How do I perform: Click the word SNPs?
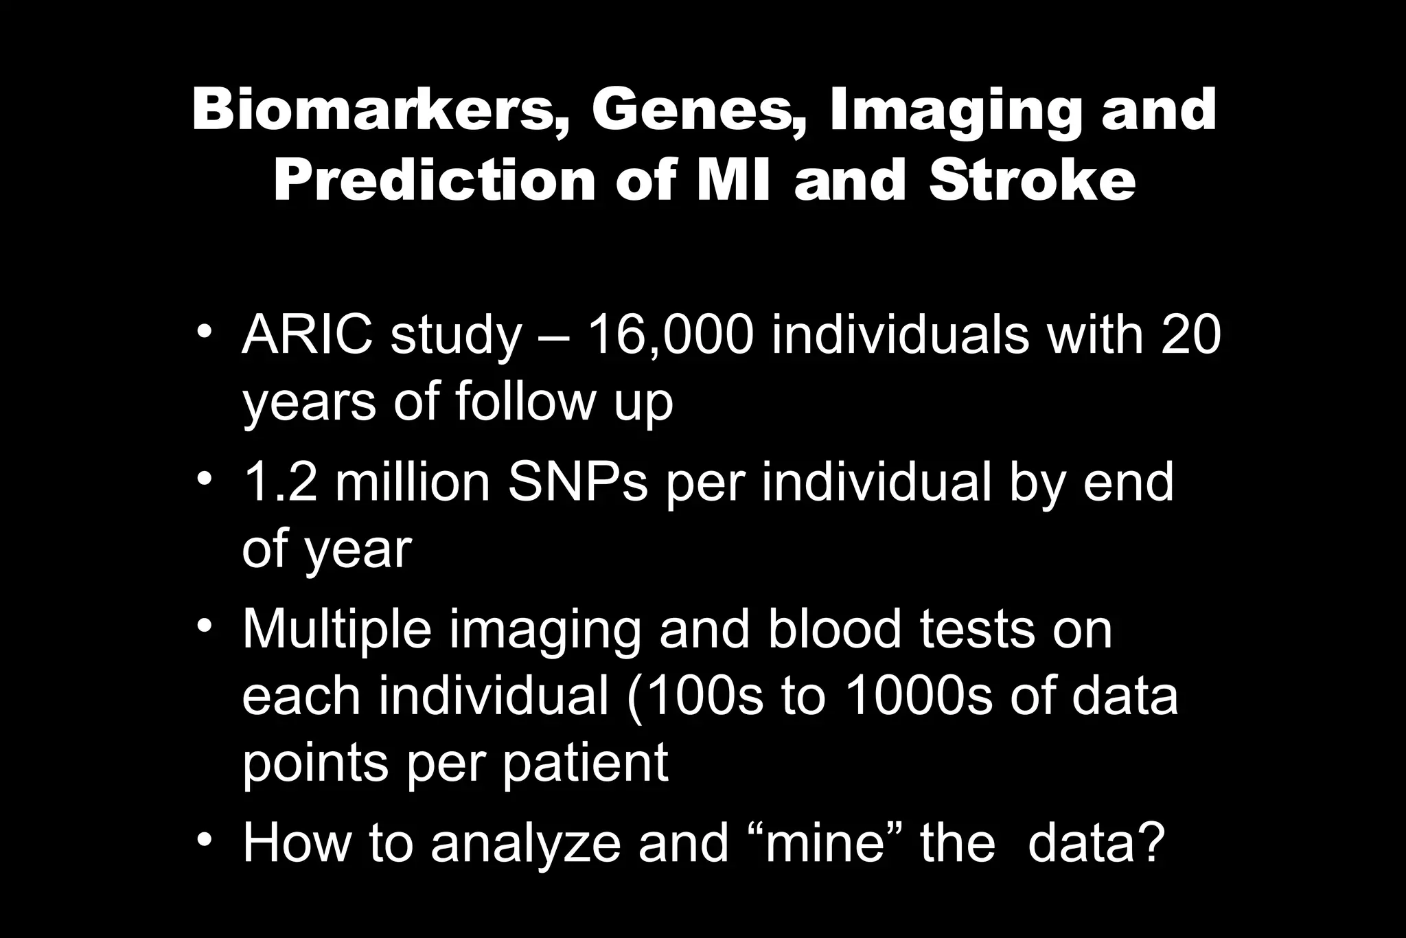[577, 482]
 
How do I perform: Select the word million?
[412, 482]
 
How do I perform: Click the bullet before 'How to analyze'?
[203, 840]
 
